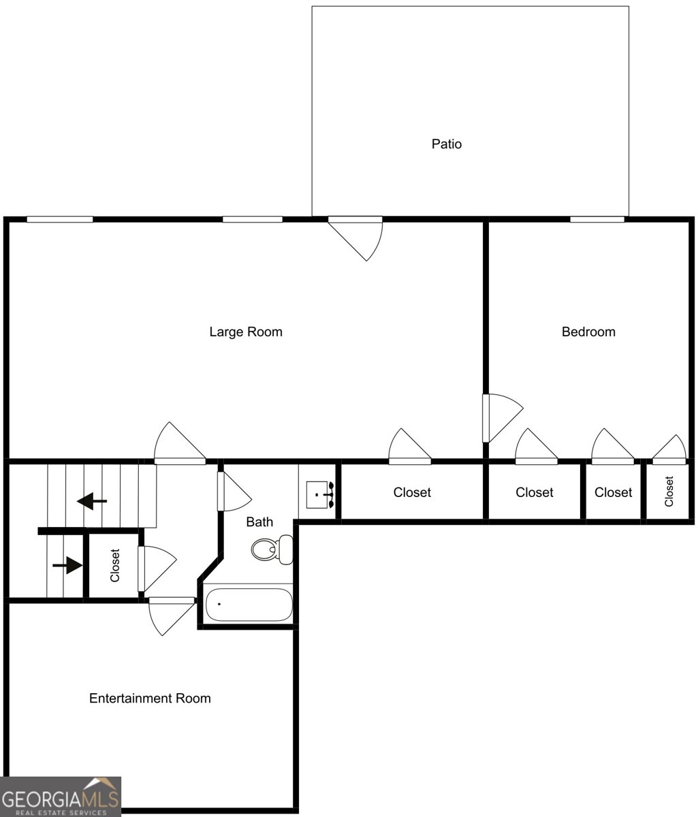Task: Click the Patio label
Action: click(x=447, y=144)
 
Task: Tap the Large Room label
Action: click(x=245, y=332)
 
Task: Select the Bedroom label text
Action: click(x=588, y=332)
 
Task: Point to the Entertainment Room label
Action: click(x=150, y=699)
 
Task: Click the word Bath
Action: click(x=259, y=522)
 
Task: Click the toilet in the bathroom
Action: click(x=272, y=549)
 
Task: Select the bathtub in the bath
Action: click(x=249, y=605)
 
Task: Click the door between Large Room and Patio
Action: click(x=357, y=235)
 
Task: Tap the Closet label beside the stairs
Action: click(x=115, y=566)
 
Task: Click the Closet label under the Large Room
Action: click(x=412, y=492)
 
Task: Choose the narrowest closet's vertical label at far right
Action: click(x=669, y=492)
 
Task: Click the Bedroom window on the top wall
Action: click(x=597, y=219)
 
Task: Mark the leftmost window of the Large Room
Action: click(x=60, y=219)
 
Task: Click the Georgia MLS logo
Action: click(x=61, y=797)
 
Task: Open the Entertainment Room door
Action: click(x=170, y=613)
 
